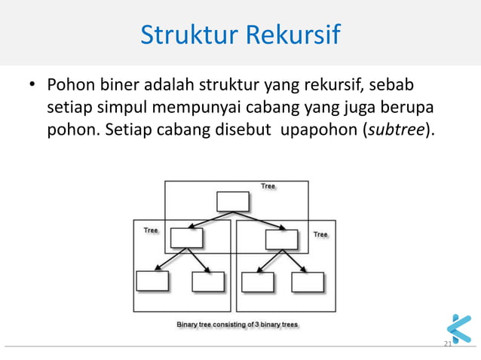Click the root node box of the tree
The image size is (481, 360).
coord(232,202)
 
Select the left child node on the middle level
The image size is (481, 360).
coord(187,238)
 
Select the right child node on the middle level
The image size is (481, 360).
coord(281,238)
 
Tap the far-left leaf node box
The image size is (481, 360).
coord(153,281)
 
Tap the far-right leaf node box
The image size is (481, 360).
coord(308,281)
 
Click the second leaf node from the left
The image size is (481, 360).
coord(208,281)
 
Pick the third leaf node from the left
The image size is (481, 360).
coord(257,281)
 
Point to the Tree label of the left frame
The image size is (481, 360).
coord(151,230)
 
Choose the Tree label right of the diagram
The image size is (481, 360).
coord(320,234)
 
